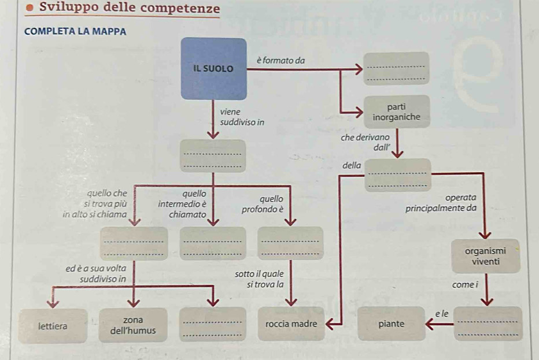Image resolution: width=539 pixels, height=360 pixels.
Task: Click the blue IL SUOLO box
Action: coord(214,68)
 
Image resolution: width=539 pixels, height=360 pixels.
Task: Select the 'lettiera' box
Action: coord(53,325)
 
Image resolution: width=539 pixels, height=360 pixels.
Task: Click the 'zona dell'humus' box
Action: coord(134,325)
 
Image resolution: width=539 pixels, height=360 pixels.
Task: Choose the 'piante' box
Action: coord(392,324)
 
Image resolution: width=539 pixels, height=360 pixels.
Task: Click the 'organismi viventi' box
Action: coord(485,256)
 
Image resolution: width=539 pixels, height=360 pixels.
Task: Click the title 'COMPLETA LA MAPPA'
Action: coord(76,31)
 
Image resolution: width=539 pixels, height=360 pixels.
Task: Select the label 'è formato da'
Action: coord(280,60)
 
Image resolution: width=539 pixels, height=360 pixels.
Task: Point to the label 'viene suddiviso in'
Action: coord(242,116)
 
